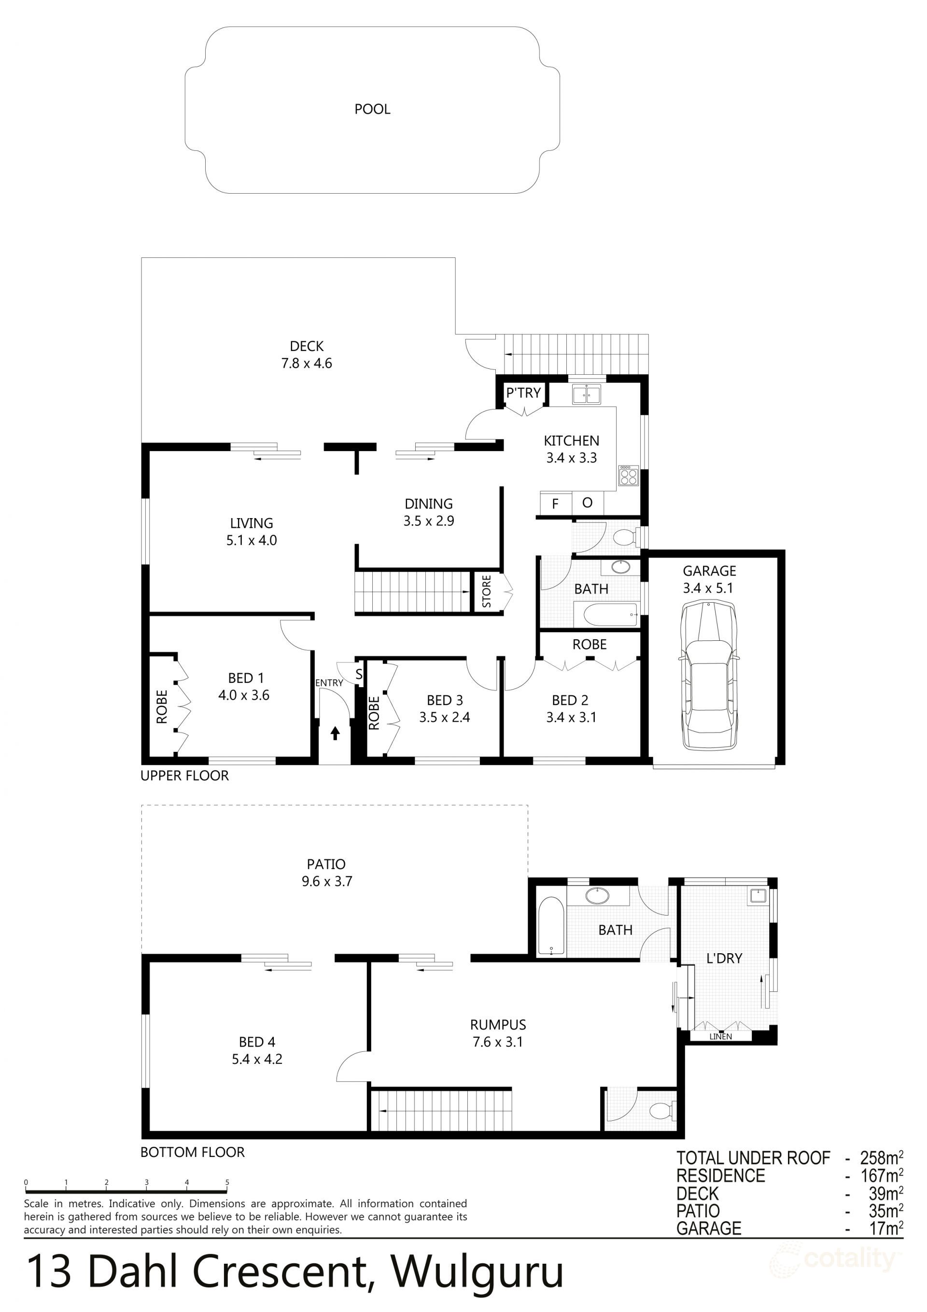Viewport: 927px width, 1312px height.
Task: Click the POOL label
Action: [372, 109]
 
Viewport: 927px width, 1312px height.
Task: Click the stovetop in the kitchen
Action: [628, 476]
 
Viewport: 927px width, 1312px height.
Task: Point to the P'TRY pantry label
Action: [523, 393]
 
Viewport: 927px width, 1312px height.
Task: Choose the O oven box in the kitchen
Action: [587, 503]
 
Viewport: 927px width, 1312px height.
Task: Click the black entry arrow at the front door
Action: [335, 733]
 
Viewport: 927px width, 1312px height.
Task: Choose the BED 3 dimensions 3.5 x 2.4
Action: [444, 717]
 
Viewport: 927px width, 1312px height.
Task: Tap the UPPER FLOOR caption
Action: [184, 776]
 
